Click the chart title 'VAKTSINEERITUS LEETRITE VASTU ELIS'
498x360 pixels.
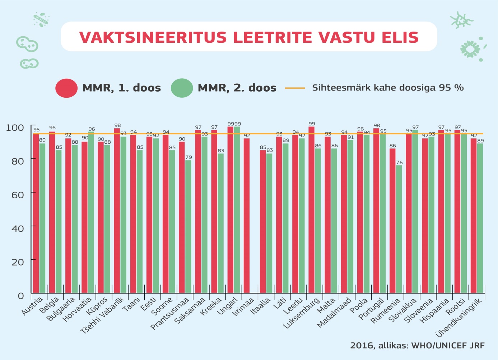pyautogui.click(x=249, y=37)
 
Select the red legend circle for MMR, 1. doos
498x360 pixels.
pyautogui.click(x=66, y=88)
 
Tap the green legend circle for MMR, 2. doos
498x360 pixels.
pyautogui.click(x=182, y=88)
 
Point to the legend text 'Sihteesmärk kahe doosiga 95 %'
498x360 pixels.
pyautogui.click(x=388, y=88)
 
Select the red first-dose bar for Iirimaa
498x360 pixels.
pyautogui.click(x=247, y=216)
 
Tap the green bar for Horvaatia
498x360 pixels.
pyautogui.click(x=91, y=212)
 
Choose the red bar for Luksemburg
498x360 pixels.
pyautogui.click(x=312, y=210)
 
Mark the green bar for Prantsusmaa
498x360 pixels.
pyautogui.click(x=189, y=226)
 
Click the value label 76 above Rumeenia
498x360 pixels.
pyautogui.click(x=399, y=163)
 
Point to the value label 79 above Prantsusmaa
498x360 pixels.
pyautogui.click(x=189, y=157)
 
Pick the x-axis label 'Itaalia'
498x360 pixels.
pyautogui.click(x=261, y=306)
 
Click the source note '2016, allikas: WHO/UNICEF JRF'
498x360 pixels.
pyautogui.click(x=417, y=346)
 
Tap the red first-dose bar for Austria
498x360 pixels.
pyautogui.click(x=36, y=214)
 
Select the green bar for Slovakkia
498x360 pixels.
pyautogui.click(x=415, y=212)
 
